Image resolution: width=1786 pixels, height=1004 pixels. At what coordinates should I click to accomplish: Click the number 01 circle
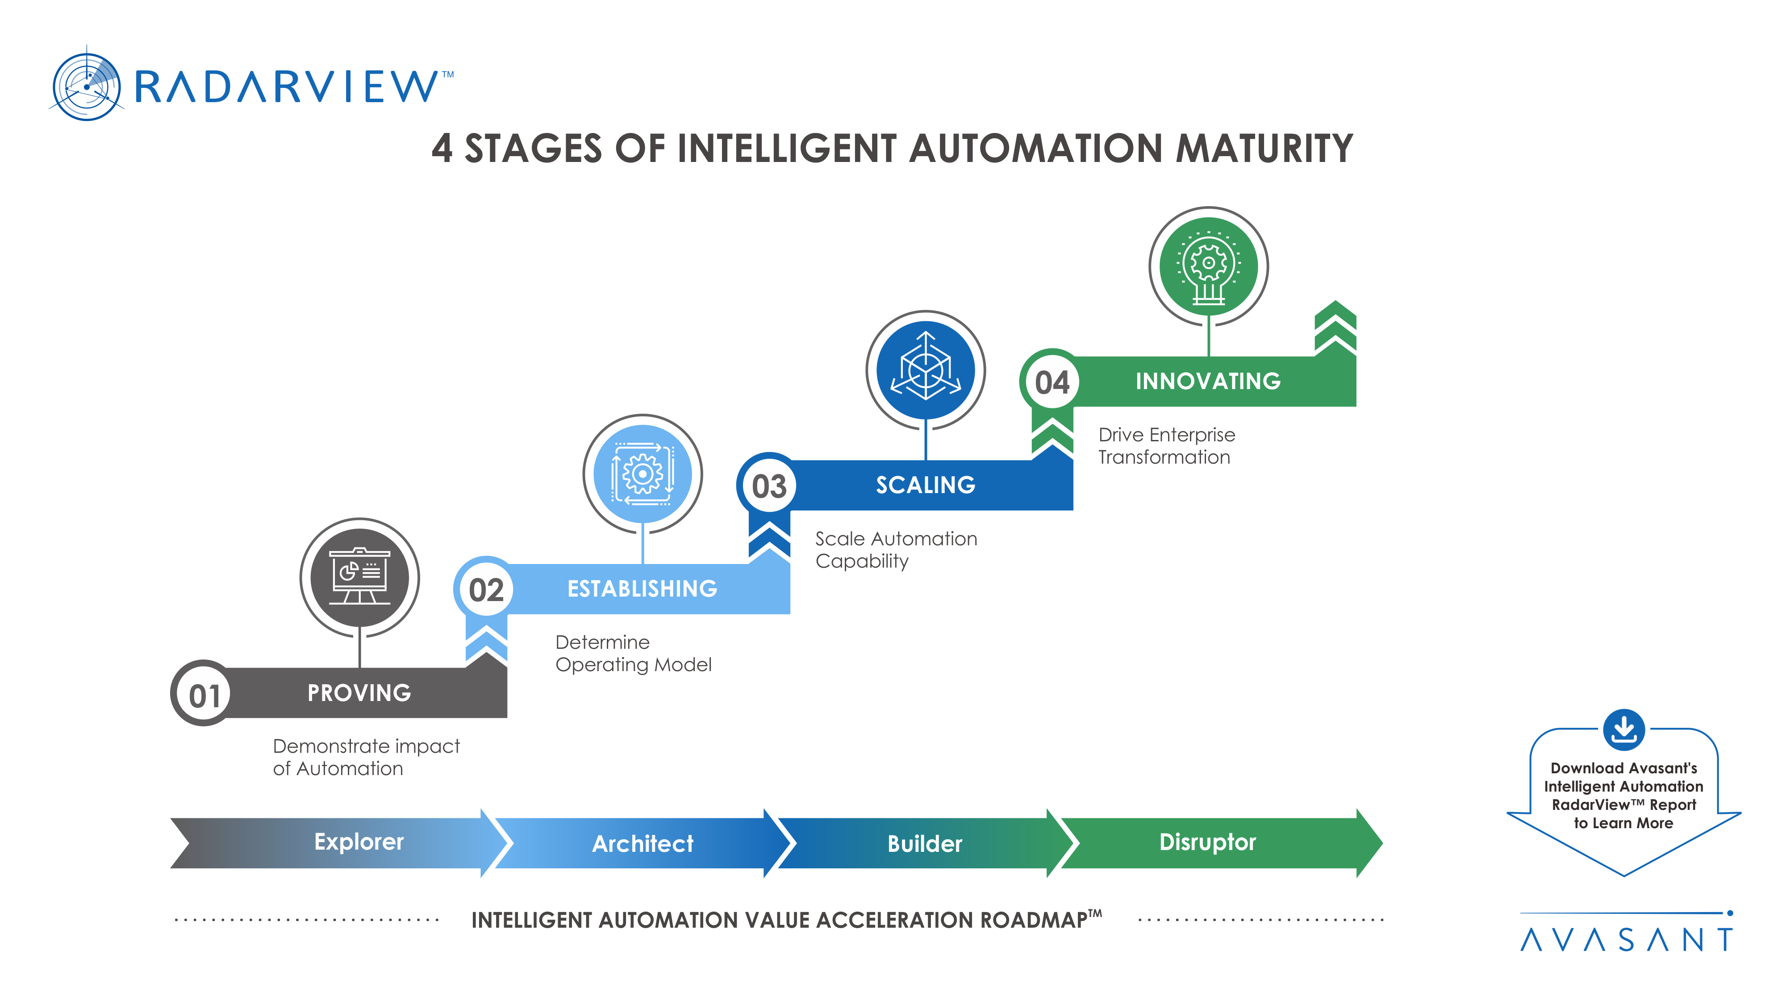click(x=204, y=695)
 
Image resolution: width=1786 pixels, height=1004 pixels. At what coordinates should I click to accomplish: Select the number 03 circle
click(x=769, y=486)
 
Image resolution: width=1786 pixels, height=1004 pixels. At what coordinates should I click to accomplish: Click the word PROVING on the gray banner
click(x=359, y=693)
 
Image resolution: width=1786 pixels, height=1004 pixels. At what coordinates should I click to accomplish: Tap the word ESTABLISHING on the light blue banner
click(x=642, y=589)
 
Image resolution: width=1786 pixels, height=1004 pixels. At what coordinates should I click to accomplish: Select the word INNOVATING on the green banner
click(x=1208, y=381)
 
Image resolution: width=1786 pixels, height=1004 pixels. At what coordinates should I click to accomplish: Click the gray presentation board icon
click(x=359, y=577)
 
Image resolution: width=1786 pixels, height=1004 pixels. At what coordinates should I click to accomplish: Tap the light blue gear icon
click(x=642, y=474)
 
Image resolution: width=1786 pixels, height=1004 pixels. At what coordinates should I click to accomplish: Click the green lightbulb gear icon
click(x=1208, y=266)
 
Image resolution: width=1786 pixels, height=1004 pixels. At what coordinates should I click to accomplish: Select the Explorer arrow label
click(x=359, y=842)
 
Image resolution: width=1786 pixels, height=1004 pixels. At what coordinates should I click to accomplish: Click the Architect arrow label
click(x=642, y=843)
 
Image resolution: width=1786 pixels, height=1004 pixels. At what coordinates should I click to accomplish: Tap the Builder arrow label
click(x=924, y=843)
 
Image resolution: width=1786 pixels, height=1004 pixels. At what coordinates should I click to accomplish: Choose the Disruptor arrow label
click(x=1207, y=842)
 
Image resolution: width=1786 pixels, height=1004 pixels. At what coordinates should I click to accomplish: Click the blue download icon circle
click(x=1623, y=729)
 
